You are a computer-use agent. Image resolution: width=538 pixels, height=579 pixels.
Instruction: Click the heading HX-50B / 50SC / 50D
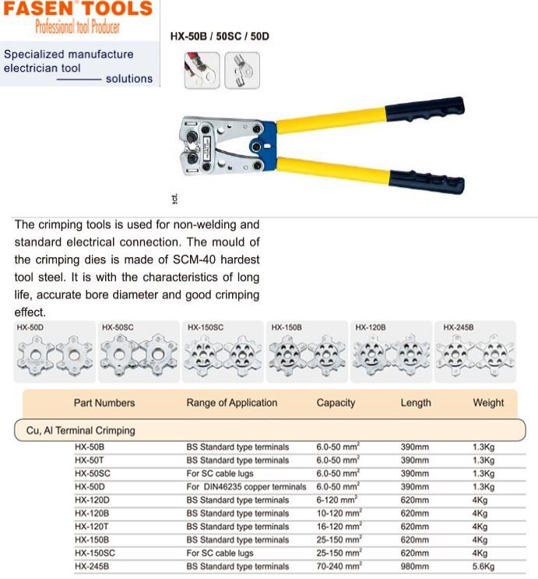[x=220, y=36]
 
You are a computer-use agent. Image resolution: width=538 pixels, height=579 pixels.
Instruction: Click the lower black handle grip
[x=427, y=181]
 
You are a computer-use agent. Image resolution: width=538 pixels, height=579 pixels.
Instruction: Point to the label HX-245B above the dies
[x=459, y=327]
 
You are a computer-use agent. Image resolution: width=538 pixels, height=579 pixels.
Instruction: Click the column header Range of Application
[x=231, y=403]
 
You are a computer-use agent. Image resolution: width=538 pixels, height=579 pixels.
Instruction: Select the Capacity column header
[x=336, y=403]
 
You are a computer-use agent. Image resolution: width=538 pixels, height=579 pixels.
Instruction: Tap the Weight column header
[x=488, y=403]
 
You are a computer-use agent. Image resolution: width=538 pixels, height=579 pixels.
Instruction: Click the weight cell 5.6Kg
[x=483, y=567]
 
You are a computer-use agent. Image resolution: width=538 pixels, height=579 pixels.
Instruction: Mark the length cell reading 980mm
[x=414, y=567]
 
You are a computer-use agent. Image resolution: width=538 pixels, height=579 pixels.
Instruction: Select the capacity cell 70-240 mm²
[x=339, y=567]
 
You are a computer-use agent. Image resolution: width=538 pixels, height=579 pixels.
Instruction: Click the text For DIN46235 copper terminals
[x=246, y=487]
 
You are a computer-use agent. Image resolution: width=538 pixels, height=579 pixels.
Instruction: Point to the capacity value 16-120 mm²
[x=339, y=527]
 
